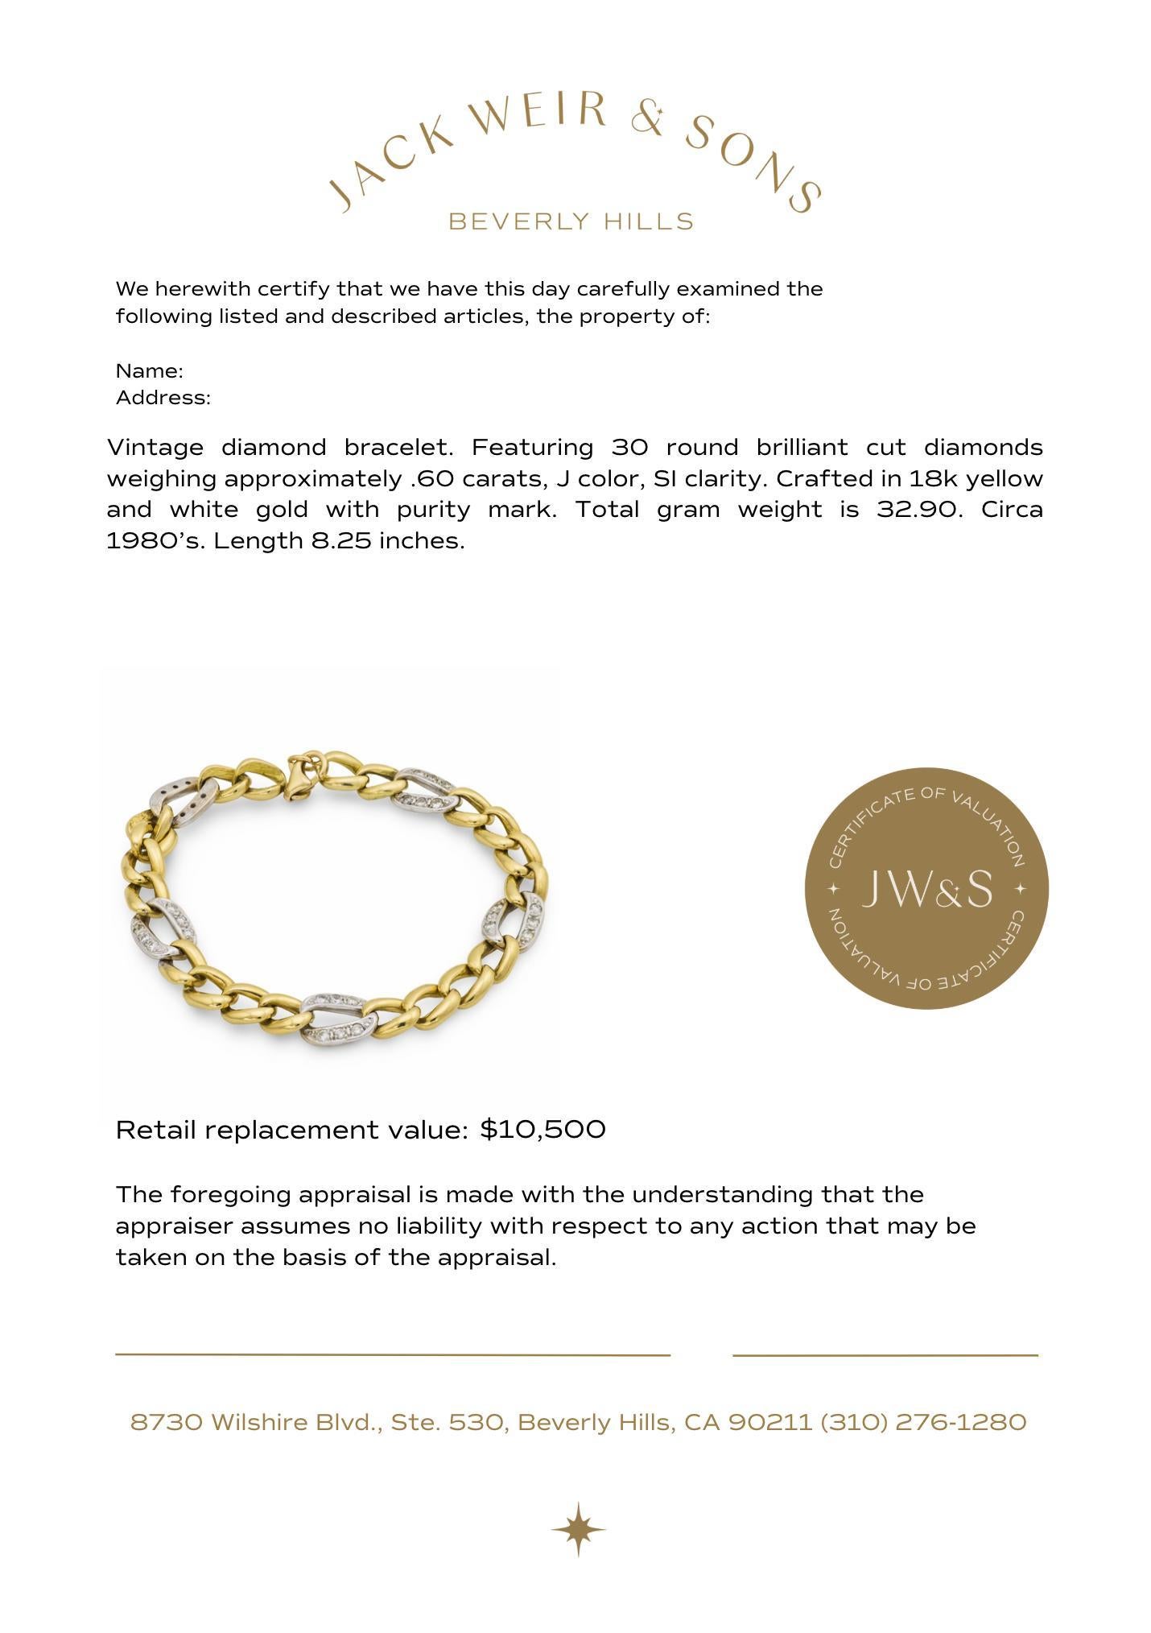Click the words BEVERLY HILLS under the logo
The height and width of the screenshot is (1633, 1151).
coord(571,221)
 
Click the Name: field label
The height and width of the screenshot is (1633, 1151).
coord(150,371)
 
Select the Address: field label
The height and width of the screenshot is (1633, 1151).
coord(163,398)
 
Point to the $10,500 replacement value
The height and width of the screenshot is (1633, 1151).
coord(542,1130)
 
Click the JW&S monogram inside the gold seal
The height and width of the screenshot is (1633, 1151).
coord(926,889)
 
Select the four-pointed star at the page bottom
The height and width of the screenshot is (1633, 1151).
coord(578,1528)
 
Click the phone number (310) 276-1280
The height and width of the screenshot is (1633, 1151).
coord(923,1423)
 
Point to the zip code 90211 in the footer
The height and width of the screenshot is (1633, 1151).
coord(770,1423)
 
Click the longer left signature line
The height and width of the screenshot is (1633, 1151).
coord(393,1355)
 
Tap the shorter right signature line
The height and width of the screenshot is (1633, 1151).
coord(885,1355)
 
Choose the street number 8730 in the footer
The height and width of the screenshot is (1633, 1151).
coord(167,1423)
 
